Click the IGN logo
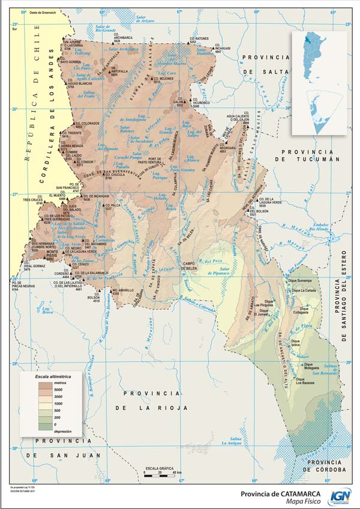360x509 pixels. [x=340, y=496]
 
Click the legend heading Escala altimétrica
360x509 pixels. [x=51, y=375]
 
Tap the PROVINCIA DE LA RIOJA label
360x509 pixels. [x=151, y=400]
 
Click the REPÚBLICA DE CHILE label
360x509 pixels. [x=27, y=114]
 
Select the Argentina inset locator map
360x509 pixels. [x=319, y=56]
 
